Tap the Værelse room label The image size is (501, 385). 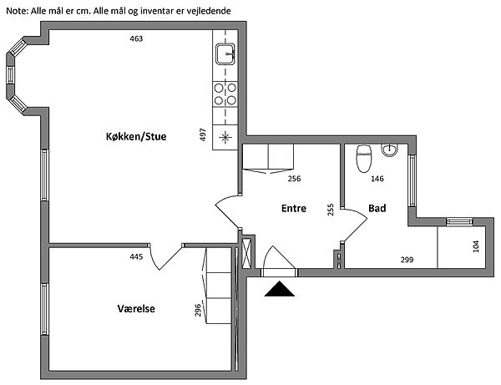(x=136, y=309)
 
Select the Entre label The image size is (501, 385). (x=294, y=209)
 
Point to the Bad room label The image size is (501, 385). (x=377, y=209)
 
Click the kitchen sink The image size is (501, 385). (x=225, y=54)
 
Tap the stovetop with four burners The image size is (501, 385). (x=225, y=94)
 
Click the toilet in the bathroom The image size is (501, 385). (x=363, y=158)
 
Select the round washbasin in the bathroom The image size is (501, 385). (x=390, y=151)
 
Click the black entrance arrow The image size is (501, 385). (x=280, y=289)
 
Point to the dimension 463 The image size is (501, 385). (x=137, y=39)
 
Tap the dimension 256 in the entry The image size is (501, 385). (x=294, y=179)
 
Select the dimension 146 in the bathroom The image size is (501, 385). (x=377, y=179)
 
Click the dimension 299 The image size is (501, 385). (x=407, y=260)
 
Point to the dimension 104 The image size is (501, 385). (x=477, y=246)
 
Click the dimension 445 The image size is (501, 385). (x=137, y=256)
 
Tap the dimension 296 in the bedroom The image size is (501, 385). (x=199, y=311)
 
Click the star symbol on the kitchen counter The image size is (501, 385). (x=225, y=137)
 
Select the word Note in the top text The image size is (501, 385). (x=16, y=9)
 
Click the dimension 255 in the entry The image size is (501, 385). (x=331, y=210)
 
